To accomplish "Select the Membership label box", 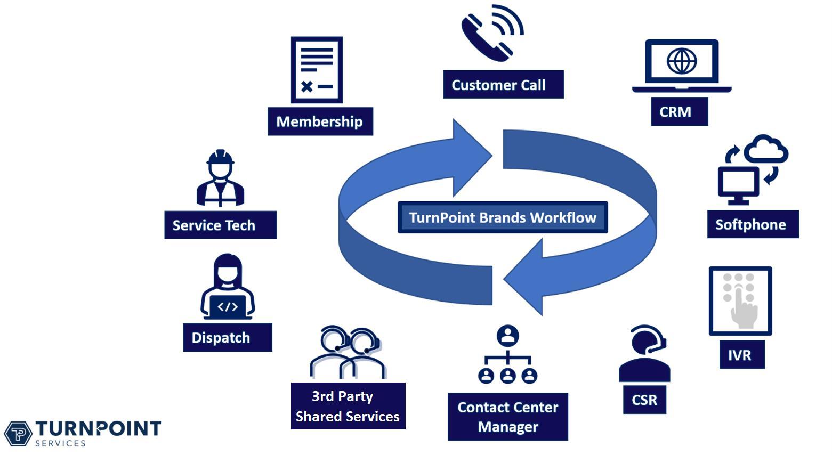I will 320,121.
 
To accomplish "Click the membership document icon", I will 317,70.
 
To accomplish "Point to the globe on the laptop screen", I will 681,61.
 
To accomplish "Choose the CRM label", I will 679,112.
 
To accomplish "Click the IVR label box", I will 739,355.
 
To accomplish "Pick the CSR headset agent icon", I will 645,354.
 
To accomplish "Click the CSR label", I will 644,400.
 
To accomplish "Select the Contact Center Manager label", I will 507,417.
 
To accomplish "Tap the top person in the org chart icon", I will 507,336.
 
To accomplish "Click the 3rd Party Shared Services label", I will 348,406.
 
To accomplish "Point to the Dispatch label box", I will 227,338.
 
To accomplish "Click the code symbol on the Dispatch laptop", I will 228,306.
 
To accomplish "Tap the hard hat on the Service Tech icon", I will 220,158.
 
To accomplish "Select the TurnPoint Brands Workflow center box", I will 502,217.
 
